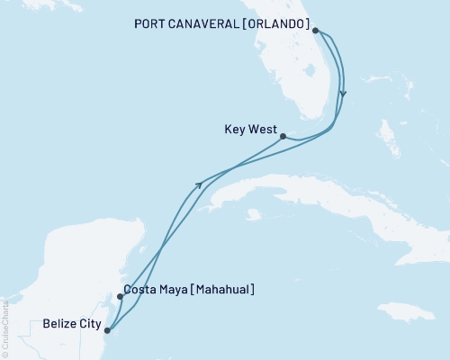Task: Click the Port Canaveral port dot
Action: pyautogui.click(x=316, y=30)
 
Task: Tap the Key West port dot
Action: pyautogui.click(x=283, y=137)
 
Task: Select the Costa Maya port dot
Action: pyautogui.click(x=120, y=296)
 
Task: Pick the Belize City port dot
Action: pyautogui.click(x=107, y=329)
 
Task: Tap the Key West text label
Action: pyautogui.click(x=249, y=129)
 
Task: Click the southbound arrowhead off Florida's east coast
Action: pyautogui.click(x=344, y=94)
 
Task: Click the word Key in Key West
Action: pyautogui.click(x=234, y=129)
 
